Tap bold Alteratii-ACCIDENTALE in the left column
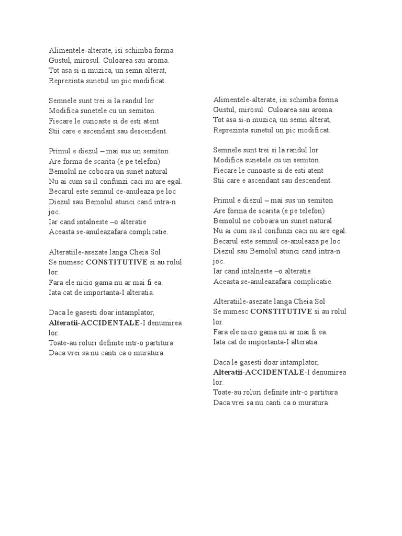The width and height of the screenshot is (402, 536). click(94, 323)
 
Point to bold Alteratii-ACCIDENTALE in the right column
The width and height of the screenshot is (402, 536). click(259, 372)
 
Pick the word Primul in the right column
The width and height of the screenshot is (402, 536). click(225, 201)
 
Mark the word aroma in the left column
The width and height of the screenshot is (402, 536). click(158, 61)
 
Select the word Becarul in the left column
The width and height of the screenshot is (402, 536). click(61, 192)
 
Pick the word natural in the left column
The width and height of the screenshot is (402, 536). click(153, 172)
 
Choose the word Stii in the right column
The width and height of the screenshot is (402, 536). click(219, 181)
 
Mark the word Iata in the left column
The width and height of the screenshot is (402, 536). click(55, 293)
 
